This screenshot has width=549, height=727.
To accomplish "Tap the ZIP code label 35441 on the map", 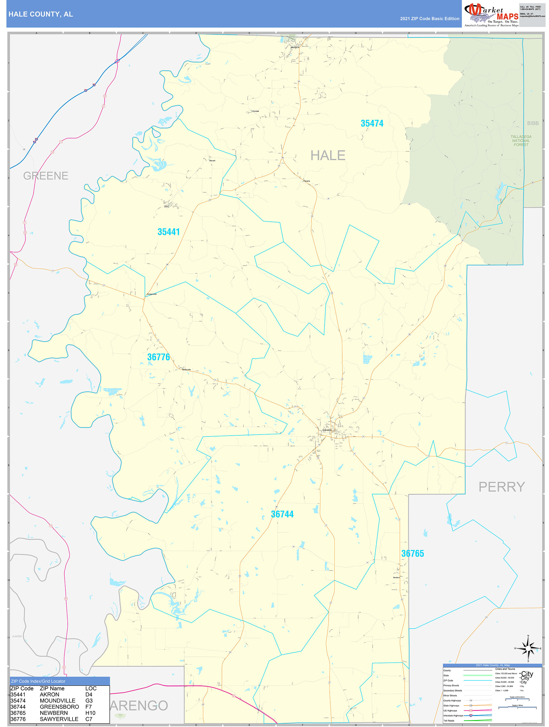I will (x=168, y=232).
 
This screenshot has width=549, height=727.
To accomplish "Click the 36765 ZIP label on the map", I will (x=412, y=553).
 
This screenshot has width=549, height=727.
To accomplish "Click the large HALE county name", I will (x=328, y=155).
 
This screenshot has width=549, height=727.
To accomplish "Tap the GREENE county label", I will (x=46, y=176).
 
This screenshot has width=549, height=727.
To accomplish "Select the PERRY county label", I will (x=501, y=487).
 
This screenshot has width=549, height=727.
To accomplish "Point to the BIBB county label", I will (x=532, y=123).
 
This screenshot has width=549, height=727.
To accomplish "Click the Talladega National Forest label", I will (x=521, y=141).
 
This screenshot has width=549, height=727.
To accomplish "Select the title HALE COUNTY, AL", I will (x=41, y=14).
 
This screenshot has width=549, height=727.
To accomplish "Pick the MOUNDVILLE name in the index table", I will (x=57, y=700).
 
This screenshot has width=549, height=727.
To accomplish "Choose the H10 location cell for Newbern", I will (x=90, y=713).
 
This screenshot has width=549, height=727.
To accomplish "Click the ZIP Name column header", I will (x=52, y=688).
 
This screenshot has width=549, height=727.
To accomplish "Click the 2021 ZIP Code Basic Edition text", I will (x=429, y=19).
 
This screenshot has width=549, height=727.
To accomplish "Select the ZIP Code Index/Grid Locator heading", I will (x=38, y=681).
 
